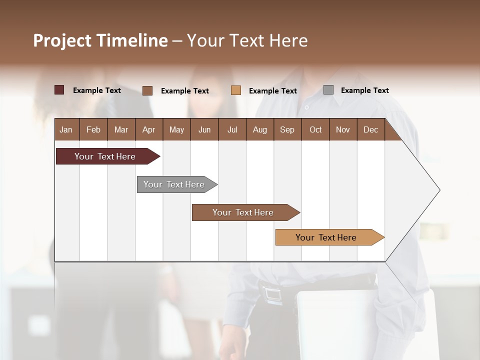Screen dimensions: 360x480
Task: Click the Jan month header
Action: [66, 129]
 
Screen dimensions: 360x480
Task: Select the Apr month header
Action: [148, 129]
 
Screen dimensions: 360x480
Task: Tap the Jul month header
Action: [232, 129]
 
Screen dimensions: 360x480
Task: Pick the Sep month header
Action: [287, 129]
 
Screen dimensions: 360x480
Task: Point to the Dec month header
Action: [370, 129]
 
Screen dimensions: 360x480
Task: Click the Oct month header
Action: [315, 129]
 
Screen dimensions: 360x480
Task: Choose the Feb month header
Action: [93, 129]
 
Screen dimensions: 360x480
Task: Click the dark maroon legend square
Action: [59, 90]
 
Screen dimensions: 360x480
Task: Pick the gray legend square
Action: [328, 90]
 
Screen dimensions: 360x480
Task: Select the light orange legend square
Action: [236, 90]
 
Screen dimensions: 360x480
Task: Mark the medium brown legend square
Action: [147, 90]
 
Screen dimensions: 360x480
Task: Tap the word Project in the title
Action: [62, 40]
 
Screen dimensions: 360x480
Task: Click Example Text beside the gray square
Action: [364, 90]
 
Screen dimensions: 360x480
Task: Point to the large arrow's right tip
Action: [439, 190]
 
